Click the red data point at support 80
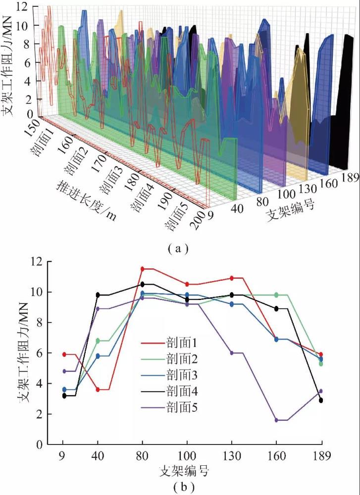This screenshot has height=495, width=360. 143,269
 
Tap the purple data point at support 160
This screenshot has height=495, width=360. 276,420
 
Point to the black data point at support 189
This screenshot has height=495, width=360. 321,400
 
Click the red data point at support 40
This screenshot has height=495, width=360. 98,390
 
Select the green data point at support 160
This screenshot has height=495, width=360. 276,295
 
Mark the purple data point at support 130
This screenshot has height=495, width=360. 232,352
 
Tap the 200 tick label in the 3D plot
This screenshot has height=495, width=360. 196,221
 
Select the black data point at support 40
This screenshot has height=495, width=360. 98,295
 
